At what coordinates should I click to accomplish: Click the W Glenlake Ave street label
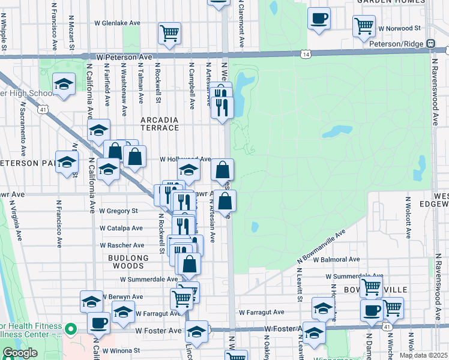(117, 23)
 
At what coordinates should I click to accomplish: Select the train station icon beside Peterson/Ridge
(431, 44)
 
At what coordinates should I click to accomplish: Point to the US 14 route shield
(306, 55)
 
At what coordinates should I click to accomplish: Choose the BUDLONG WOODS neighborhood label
(128, 258)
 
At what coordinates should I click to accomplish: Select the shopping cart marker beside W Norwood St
(364, 26)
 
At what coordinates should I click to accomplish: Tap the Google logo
(20, 353)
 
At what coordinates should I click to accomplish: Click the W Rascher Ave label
(122, 245)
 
